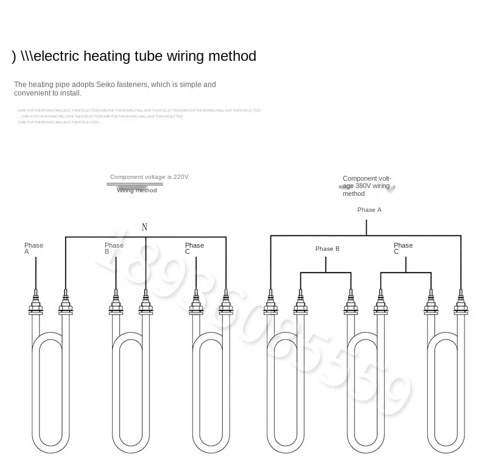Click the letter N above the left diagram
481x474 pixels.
pos(144,228)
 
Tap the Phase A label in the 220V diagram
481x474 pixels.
pos(33,248)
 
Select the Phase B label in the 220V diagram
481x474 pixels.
pos(114,248)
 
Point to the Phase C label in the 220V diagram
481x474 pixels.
pos(194,248)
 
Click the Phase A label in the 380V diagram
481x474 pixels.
pos(369,210)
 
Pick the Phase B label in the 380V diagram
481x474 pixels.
pos(327,249)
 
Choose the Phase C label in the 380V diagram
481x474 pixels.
pos(402,248)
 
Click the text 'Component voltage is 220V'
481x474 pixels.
pos(149,177)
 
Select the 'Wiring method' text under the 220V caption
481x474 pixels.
pos(137,190)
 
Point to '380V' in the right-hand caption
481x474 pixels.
pos(363,186)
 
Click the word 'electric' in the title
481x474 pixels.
pos(55,56)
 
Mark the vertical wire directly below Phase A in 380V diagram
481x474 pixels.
pos(367,228)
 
